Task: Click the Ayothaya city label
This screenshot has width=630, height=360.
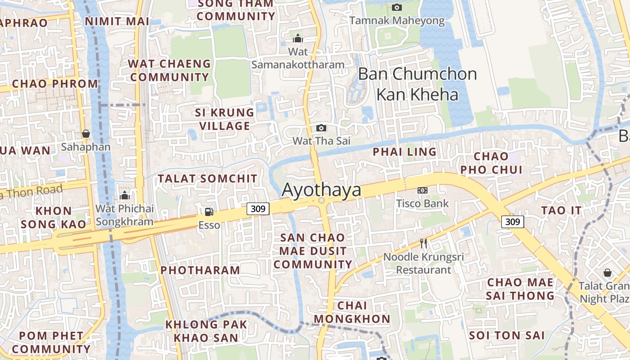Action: tap(321, 190)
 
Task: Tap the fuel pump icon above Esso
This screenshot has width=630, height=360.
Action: tap(209, 211)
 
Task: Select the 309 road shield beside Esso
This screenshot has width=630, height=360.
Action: tap(258, 208)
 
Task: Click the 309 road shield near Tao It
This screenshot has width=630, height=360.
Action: tap(513, 221)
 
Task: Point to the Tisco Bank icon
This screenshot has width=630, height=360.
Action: tap(422, 190)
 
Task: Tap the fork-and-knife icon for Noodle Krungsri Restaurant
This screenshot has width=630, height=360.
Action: tap(423, 243)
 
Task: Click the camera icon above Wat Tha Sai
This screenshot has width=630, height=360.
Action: tap(321, 128)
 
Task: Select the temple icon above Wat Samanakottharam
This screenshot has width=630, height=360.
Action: tap(298, 38)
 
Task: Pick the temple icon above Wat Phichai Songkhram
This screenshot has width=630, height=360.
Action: tap(125, 195)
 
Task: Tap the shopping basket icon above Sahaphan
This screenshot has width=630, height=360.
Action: tap(85, 134)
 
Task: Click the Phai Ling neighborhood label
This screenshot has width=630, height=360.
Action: tap(405, 152)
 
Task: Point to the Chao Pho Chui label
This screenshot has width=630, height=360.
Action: tap(491, 163)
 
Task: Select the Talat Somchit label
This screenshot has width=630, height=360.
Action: tap(207, 179)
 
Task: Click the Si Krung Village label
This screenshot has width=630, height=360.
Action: tap(225, 119)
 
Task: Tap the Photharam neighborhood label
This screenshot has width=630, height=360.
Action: tap(200, 270)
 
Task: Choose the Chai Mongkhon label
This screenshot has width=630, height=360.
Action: tap(352, 312)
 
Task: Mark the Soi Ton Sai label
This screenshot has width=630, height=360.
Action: tap(507, 335)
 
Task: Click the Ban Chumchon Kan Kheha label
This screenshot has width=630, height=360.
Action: tap(417, 84)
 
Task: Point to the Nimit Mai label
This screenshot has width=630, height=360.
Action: tap(117, 21)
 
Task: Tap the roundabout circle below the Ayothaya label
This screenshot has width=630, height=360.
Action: tap(321, 201)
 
